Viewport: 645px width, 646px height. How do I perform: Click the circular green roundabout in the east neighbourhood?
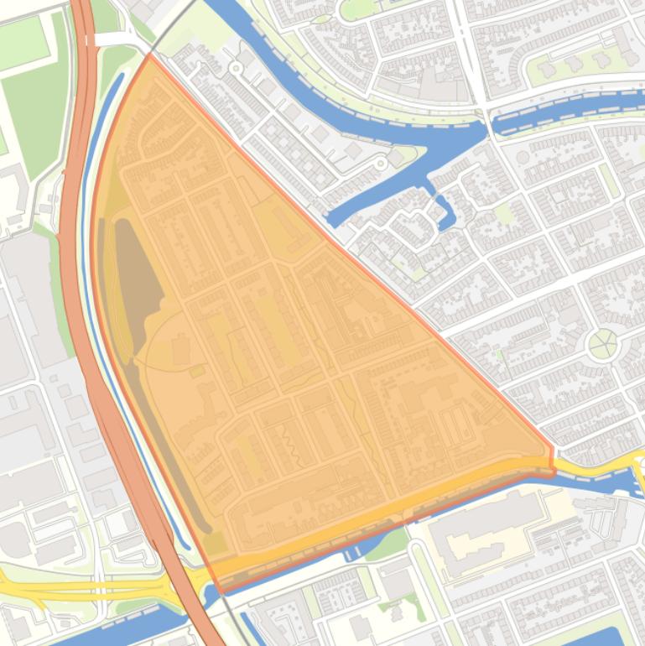[602, 343]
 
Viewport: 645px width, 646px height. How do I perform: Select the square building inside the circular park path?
[180, 349]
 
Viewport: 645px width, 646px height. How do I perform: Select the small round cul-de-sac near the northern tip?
[237, 67]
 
